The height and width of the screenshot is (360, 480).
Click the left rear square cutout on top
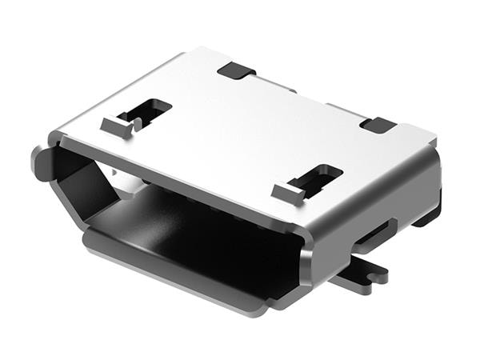click(235, 70)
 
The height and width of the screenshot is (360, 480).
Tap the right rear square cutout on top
click(378, 125)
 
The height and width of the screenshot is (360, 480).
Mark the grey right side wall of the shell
click(392, 200)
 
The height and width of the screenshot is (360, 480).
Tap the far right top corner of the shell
click(435, 138)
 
